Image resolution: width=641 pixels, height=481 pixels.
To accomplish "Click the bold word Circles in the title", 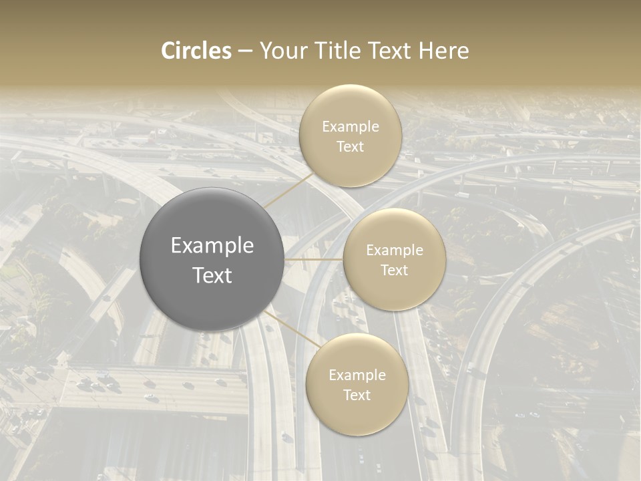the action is [196, 51].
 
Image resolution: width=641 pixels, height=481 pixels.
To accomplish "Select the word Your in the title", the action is [282, 51].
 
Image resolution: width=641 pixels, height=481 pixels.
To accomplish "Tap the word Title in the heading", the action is [336, 51].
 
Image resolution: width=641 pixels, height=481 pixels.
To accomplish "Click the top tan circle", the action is [350, 136].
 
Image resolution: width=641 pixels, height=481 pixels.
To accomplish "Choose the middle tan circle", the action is [394, 259].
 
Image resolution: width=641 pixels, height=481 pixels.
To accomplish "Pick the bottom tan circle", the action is [357, 385].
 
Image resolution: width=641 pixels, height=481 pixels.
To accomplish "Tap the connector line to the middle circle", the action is [314, 259].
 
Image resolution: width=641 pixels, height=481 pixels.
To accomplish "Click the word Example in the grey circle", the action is [212, 246].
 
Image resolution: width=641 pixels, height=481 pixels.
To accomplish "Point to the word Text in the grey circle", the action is [212, 275].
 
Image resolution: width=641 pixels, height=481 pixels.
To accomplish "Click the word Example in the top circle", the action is [350, 127].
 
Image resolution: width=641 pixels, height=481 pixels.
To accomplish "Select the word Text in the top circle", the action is [350, 147].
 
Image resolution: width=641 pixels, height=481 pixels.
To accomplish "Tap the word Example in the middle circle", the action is [394, 251].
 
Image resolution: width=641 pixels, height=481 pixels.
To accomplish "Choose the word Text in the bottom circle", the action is [357, 395].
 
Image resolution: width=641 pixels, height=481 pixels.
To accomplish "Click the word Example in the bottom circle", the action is [357, 375].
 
